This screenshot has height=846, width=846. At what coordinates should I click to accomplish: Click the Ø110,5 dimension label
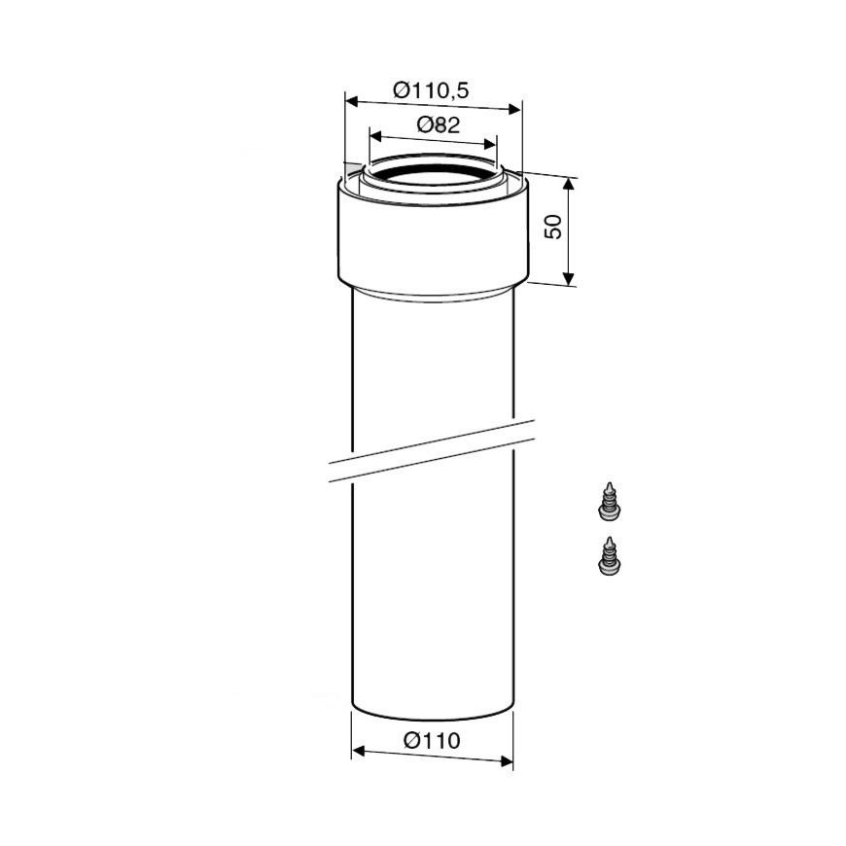pos(431,90)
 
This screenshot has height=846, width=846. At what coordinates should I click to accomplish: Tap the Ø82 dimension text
pos(439,125)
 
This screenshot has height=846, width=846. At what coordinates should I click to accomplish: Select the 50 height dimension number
pos(553,227)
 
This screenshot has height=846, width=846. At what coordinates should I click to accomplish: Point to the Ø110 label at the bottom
pos(432,740)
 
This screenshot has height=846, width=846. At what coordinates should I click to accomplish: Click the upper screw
pos(609,502)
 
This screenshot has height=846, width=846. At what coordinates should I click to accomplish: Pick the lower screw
pos(609,557)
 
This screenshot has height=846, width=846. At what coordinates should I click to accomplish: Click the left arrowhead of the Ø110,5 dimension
pos(352,101)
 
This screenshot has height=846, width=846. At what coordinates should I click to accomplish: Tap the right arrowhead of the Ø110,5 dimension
pos(514,110)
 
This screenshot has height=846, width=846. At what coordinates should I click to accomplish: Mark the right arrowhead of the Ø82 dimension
pos(490,144)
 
